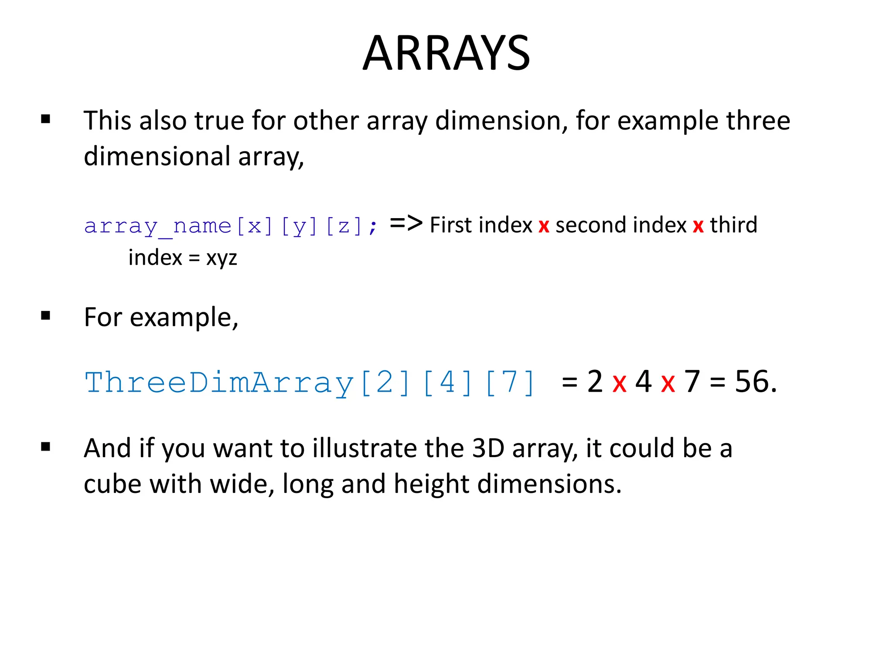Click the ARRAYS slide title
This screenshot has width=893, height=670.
[x=446, y=53]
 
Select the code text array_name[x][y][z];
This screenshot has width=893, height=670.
[x=231, y=226]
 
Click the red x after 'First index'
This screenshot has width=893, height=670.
[x=544, y=226]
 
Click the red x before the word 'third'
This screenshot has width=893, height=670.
[x=698, y=226]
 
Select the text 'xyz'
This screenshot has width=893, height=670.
[x=222, y=258]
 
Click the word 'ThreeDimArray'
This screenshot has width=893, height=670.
[x=219, y=383]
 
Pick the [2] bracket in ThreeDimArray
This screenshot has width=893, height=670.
[x=385, y=383]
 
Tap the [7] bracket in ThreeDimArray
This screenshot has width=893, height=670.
[x=509, y=383]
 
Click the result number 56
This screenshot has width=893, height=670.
[x=751, y=381]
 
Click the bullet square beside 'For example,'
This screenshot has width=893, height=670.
[x=45, y=315]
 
